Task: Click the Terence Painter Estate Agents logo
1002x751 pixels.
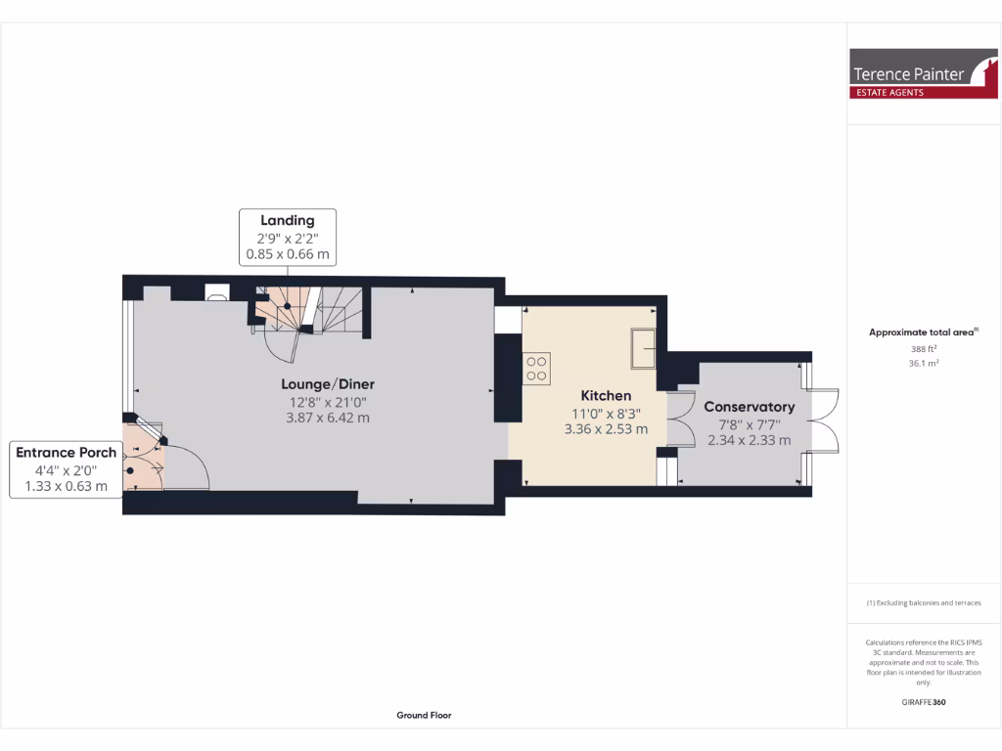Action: coord(923,74)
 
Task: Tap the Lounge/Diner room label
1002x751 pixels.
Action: coord(328,383)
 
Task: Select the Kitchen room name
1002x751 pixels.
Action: coord(606,395)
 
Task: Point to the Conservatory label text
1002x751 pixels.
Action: coord(749,407)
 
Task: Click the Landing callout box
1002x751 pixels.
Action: coord(288,237)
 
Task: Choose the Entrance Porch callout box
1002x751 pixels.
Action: coord(66,469)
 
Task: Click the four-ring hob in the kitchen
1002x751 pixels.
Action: coord(537,368)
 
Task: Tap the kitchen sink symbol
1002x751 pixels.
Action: coord(645,349)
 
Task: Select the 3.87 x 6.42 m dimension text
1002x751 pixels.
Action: coord(328,418)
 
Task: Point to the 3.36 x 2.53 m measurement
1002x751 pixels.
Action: coord(606,428)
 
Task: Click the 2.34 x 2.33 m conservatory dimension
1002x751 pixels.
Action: coord(749,440)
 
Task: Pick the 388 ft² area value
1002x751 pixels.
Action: coord(924,349)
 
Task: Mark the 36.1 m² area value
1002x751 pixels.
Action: coord(924,363)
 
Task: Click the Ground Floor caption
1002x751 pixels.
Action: coord(424,715)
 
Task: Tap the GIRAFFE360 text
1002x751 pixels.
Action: coord(924,702)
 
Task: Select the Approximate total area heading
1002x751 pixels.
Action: coord(923,332)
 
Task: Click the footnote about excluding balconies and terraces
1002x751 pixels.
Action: coord(924,603)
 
